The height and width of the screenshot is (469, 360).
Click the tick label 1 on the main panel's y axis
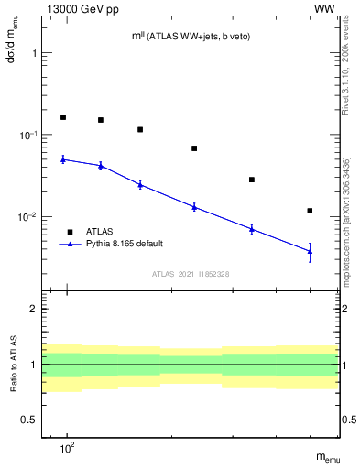36,53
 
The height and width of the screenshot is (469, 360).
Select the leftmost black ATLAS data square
63,117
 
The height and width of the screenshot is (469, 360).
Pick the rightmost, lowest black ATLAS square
311,211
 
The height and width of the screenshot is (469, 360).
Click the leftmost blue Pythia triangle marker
63,159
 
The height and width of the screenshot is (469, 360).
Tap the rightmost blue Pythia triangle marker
311,251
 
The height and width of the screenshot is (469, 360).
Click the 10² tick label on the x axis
67,448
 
